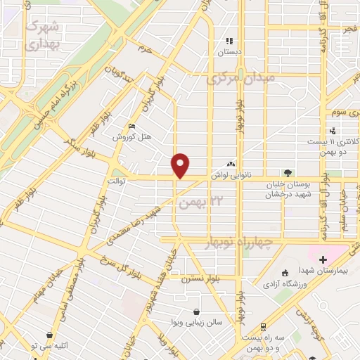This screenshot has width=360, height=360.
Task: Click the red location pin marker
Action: point(181,165)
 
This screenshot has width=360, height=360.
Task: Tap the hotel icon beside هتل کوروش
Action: point(131,127)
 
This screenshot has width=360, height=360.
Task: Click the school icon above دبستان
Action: point(229,41)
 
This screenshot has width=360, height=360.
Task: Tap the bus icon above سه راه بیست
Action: point(262,326)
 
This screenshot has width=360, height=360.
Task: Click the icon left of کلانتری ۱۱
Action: point(333,130)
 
